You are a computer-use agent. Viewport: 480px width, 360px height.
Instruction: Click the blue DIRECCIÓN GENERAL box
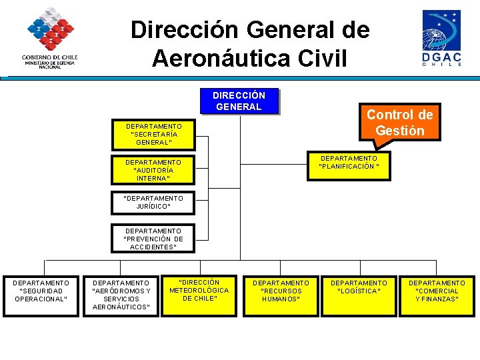click(239, 101)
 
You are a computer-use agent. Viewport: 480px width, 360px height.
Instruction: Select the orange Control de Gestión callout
click(399, 122)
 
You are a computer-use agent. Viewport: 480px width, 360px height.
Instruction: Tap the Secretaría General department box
click(153, 134)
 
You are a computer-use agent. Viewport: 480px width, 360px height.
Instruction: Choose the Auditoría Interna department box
click(153, 170)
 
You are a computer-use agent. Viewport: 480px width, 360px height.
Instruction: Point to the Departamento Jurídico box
click(153, 203)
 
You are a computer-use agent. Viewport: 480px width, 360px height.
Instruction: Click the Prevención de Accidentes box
click(153, 239)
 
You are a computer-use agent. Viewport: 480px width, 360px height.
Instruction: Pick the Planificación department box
click(349, 163)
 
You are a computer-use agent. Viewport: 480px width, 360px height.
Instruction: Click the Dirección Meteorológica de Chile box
click(199, 291)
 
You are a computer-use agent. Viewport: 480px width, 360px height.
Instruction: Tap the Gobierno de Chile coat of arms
click(50, 30)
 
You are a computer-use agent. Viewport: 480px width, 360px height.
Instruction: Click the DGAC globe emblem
click(441, 30)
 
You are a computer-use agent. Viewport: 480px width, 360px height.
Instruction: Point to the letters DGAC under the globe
click(441, 57)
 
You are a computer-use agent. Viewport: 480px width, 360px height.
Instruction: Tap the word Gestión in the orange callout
click(399, 131)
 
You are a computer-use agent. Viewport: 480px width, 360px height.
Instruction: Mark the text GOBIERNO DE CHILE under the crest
click(50, 57)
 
